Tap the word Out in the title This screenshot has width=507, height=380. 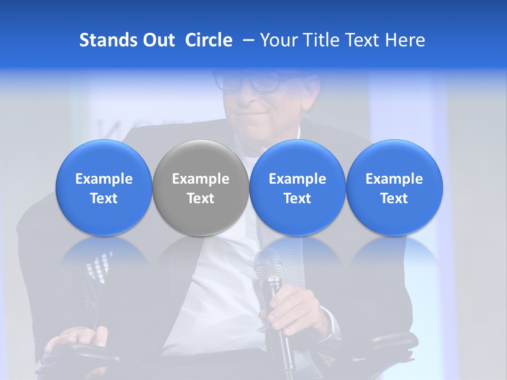pos(158,41)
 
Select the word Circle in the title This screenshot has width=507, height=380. pos(209,41)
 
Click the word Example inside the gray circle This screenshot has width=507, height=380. pos(201,179)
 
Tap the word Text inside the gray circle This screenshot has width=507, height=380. pos(201,198)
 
